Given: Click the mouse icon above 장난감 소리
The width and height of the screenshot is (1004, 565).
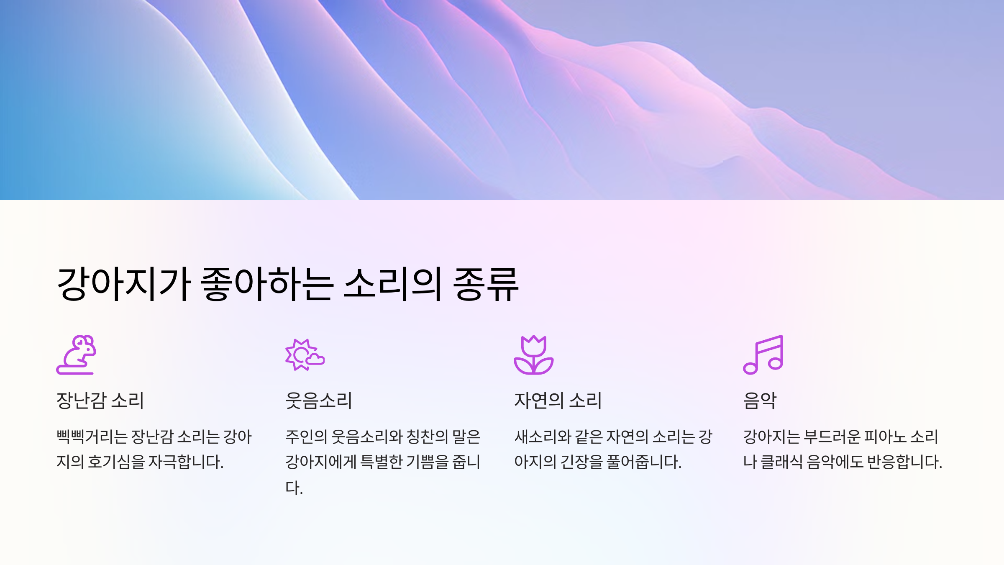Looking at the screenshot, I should pos(76,354).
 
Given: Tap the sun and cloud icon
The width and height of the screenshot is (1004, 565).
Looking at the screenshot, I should pos(305,355).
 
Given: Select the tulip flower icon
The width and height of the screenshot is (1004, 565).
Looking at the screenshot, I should pos(533,355).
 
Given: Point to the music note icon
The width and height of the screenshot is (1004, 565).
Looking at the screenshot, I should pos(763,354).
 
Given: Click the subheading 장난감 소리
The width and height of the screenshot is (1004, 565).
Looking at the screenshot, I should pos(100,401).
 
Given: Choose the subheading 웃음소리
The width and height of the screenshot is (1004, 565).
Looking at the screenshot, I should pos(318,401).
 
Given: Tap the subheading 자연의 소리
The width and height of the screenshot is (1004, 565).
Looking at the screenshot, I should pos(558,401).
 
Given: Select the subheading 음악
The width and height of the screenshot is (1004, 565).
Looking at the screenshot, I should pos(760,401).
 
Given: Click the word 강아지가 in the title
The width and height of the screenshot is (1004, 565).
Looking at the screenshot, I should pos(124,285).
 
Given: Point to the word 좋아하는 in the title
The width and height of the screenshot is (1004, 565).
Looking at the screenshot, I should pos(267,285).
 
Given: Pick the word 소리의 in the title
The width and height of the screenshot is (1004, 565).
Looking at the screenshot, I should pos(392,285).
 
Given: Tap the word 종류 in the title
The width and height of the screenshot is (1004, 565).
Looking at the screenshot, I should pos(486,285).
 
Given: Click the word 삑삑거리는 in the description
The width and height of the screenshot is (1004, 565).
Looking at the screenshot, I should pos(92,437).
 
